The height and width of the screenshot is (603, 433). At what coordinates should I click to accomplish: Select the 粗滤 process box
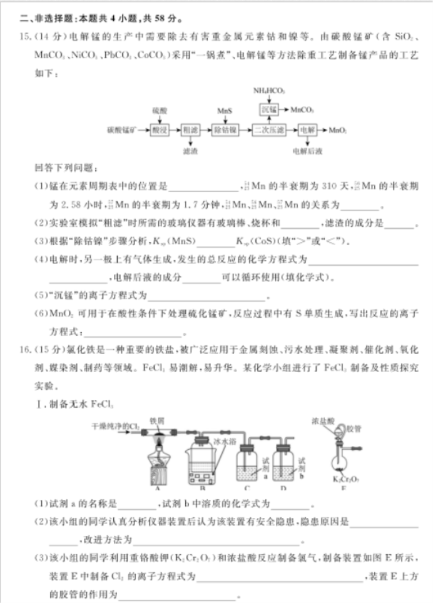(190, 130)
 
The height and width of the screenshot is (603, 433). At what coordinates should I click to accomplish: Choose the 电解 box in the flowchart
(306, 130)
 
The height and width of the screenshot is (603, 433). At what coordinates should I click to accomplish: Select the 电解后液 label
(307, 151)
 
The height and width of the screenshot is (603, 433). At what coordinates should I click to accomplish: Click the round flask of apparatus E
(340, 467)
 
